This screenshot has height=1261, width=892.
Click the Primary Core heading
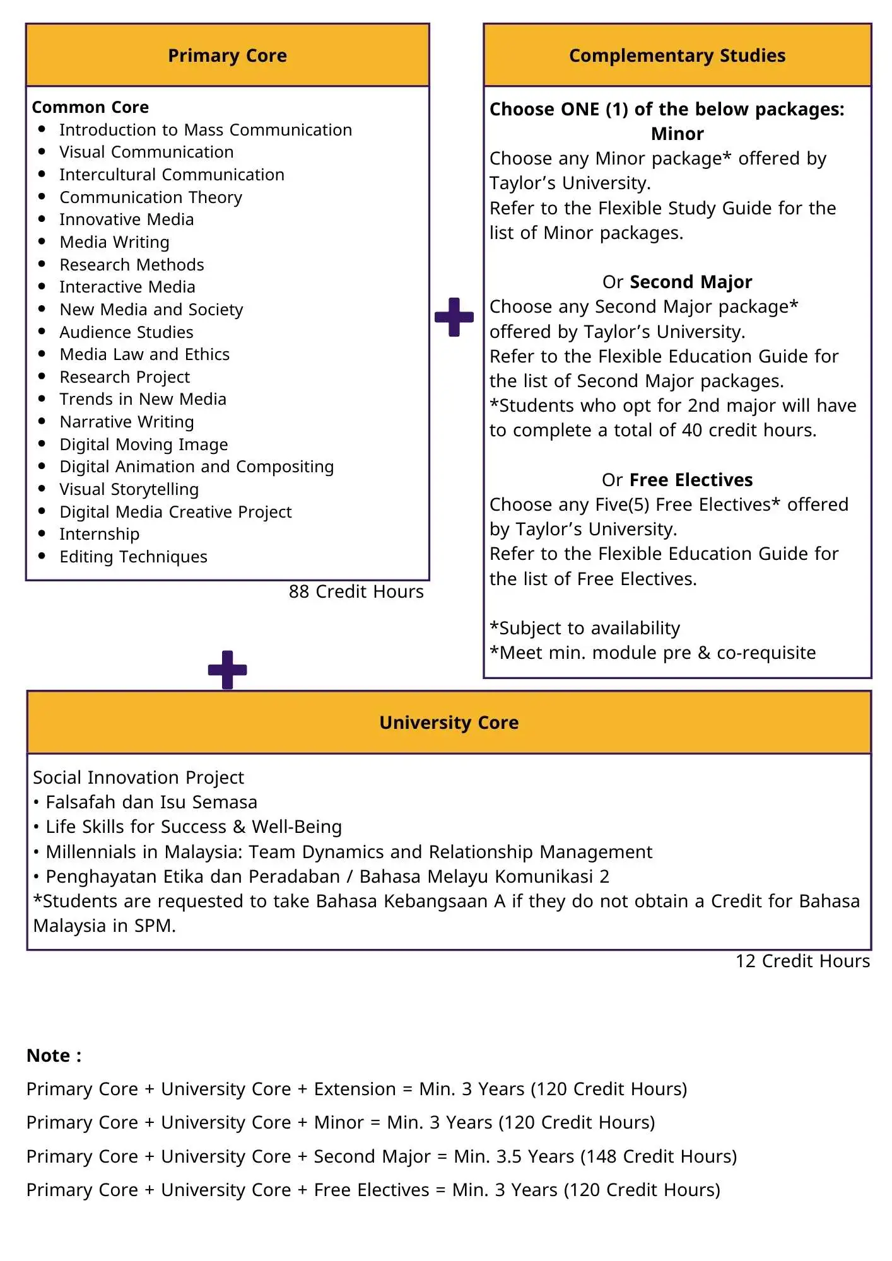[227, 55]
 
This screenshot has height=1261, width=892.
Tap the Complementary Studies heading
[677, 55]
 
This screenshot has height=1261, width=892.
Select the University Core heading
[449, 723]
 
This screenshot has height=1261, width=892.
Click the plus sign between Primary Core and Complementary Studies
[454, 317]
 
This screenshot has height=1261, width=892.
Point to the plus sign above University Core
[227, 670]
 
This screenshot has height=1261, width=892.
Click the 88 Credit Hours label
[356, 591]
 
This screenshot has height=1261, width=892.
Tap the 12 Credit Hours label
[802, 961]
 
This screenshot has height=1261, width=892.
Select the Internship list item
[99, 534]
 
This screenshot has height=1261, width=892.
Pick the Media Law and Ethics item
[144, 354]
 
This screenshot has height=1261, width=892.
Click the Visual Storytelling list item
[129, 489]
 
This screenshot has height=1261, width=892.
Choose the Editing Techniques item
[133, 557]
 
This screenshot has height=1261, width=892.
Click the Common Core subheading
[90, 107]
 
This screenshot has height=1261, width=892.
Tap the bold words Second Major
[691, 282]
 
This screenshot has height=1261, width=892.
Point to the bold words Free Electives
[691, 480]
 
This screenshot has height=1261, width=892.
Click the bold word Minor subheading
[677, 134]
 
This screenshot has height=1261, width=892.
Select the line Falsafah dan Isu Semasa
[151, 802]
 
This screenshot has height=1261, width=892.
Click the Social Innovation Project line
[138, 777]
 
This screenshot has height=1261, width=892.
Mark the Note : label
[54, 1055]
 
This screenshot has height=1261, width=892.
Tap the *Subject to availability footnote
[585, 628]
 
